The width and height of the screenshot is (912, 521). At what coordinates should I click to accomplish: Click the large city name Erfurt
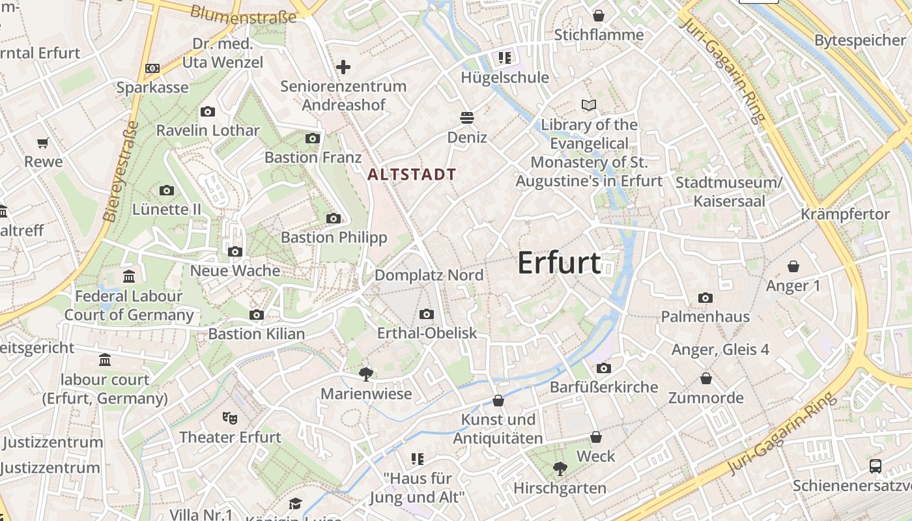pos(559,262)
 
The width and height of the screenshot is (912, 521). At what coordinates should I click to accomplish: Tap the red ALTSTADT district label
pos(412,175)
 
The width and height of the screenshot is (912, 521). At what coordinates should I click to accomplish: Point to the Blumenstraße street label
pos(243,14)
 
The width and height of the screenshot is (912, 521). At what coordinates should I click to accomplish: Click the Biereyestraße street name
pos(121,171)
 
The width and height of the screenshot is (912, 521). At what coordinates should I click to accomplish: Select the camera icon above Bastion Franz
pos(313,138)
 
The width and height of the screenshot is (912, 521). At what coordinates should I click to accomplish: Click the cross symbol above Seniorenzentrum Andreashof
pos(343,66)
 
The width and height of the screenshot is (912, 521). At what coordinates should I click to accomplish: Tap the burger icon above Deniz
pos(466,118)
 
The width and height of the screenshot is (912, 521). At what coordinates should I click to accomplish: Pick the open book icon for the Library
pos(589,105)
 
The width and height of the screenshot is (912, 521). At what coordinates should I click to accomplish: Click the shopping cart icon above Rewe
pos(43,143)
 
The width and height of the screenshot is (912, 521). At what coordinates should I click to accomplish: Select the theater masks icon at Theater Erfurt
pos(229,417)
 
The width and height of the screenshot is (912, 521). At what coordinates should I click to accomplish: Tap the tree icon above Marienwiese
pos(366,374)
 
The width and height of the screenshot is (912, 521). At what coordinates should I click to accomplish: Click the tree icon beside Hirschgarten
pos(559,468)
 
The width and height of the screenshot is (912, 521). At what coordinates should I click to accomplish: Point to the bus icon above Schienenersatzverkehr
pos(876,466)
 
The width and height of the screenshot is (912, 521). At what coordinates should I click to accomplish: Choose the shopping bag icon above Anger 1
pos(793,266)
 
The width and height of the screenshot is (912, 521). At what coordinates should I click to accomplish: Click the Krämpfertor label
pos(845,214)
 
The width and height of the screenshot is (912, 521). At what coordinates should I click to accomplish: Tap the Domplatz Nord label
pos(429,275)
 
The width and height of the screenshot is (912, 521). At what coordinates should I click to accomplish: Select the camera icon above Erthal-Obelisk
pos(427,315)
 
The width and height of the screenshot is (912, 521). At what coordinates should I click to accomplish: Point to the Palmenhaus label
pos(705,317)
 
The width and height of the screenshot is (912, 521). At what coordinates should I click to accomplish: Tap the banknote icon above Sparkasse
pos(152,68)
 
